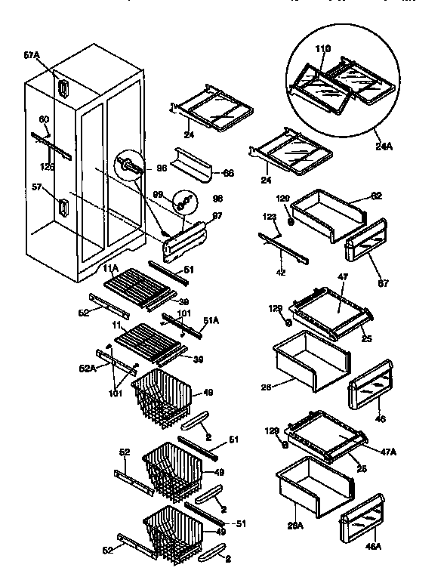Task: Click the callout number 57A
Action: [x=31, y=55]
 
